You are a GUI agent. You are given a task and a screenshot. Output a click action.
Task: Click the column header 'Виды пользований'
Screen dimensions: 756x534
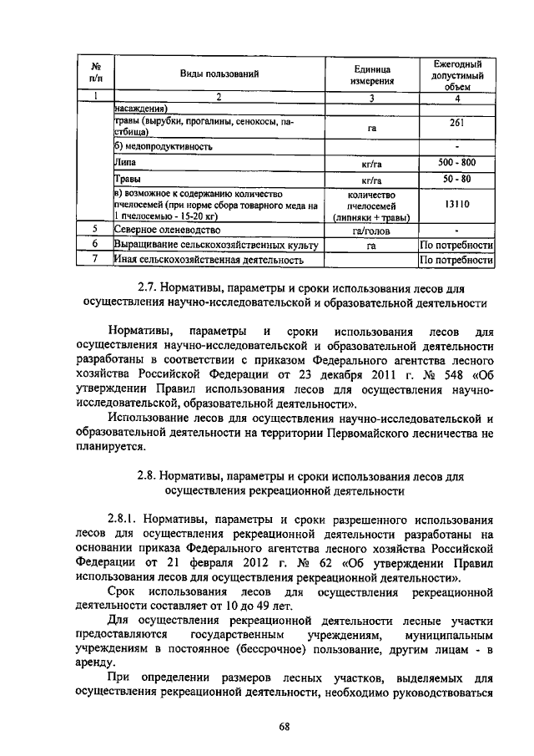[219, 75]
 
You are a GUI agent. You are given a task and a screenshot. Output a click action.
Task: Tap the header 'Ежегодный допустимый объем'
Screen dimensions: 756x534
[456, 75]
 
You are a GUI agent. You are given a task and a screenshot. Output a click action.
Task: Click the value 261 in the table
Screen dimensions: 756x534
[456, 122]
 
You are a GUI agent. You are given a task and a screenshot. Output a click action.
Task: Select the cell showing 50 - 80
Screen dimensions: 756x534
[456, 179]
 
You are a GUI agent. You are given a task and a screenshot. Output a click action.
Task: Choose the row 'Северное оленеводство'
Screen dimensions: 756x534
[167, 229]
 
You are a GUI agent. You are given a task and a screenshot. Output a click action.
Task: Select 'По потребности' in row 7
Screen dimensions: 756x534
[457, 260]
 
